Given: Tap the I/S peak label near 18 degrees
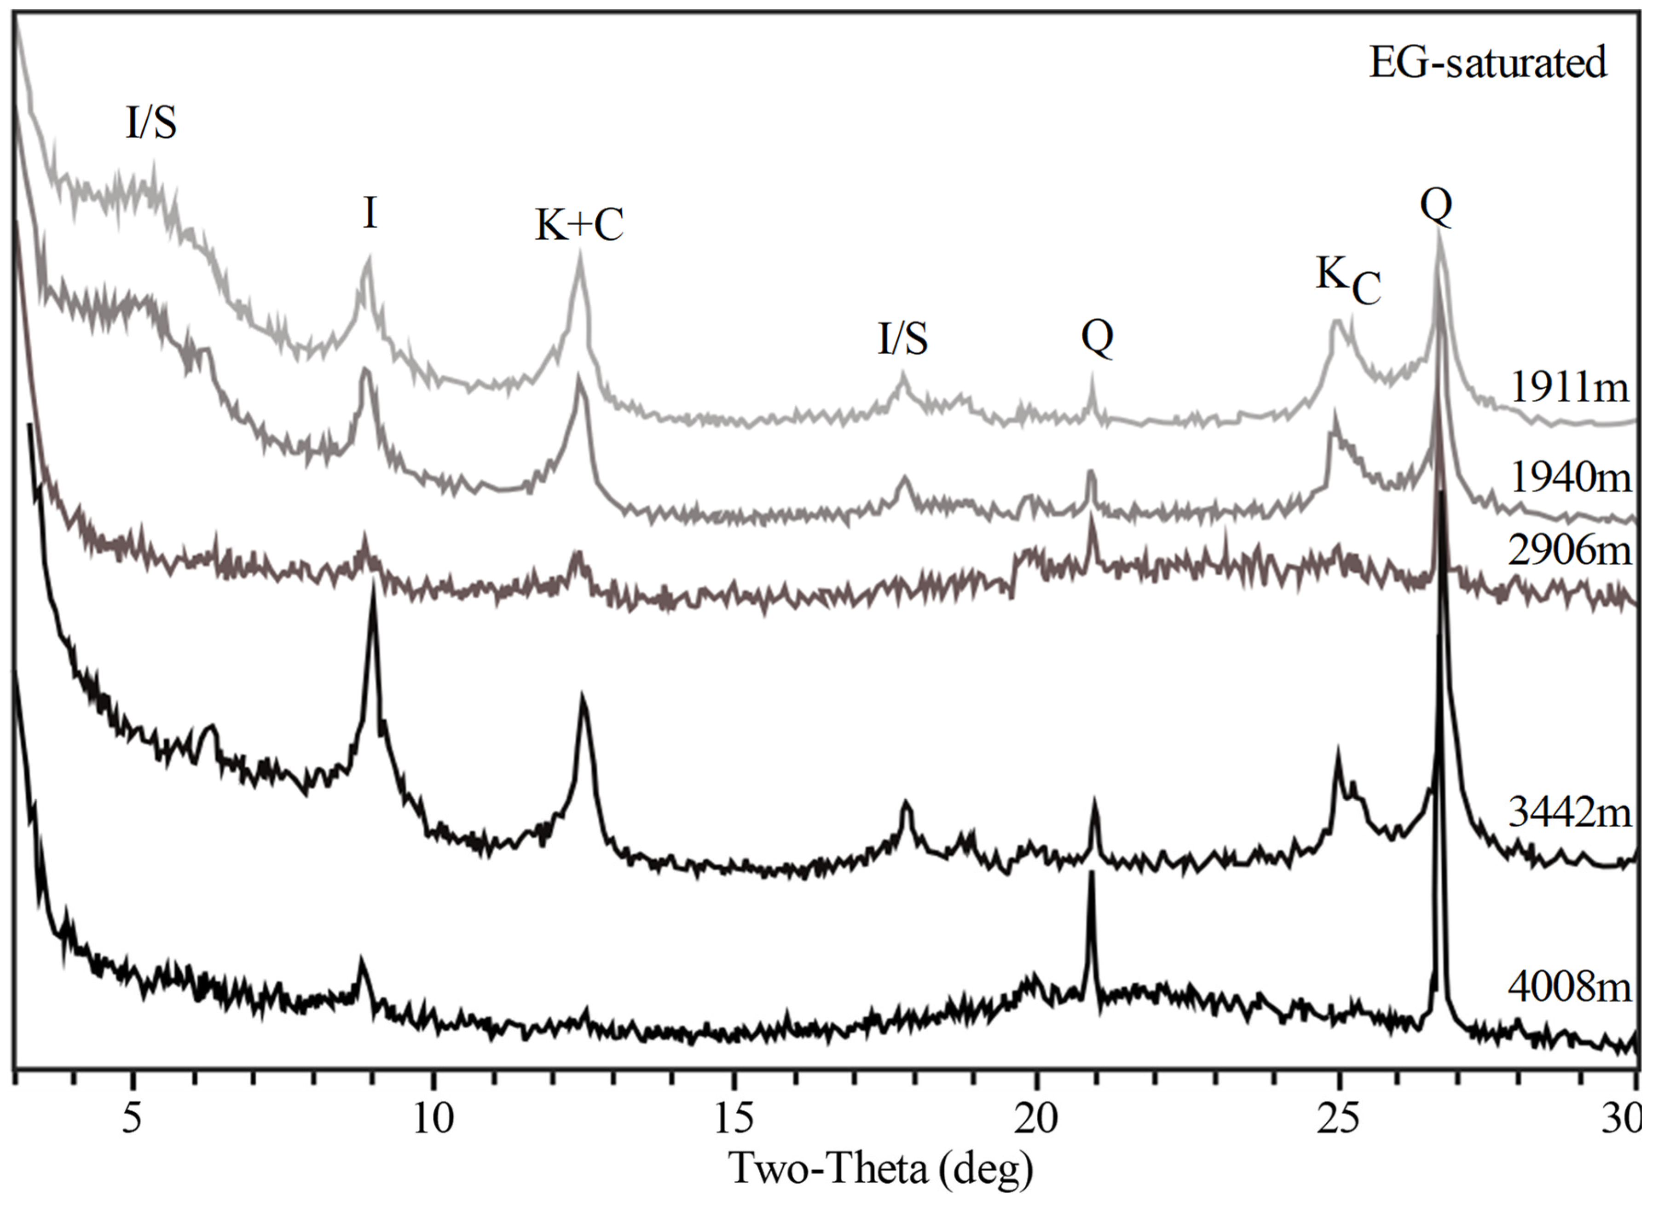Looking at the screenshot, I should tap(902, 340).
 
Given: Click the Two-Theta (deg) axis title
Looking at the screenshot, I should tap(881, 1168).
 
